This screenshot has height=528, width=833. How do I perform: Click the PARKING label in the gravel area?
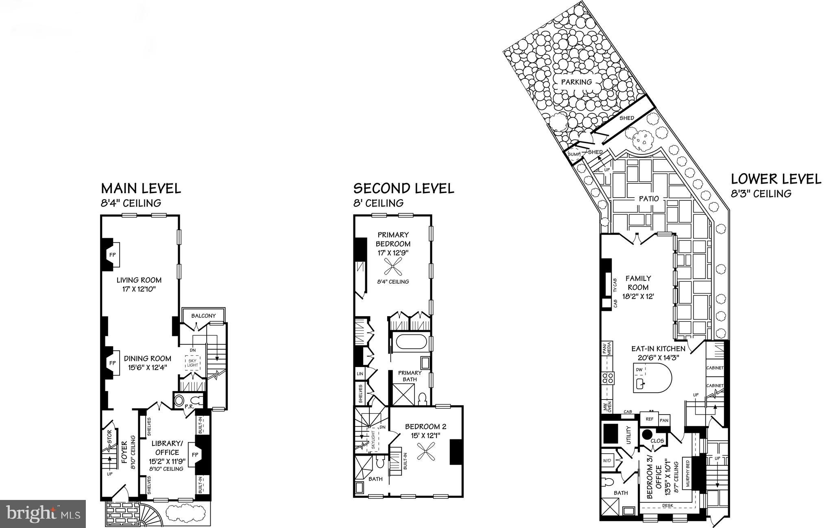(x=576, y=82)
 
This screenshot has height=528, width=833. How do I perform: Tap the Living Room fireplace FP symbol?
(x=113, y=255)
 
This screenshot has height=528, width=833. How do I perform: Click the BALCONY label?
(x=203, y=316)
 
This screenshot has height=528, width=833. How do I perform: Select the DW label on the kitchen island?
(x=639, y=369)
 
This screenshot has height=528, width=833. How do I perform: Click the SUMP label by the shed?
(x=573, y=154)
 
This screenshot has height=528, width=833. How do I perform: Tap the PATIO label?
(x=648, y=199)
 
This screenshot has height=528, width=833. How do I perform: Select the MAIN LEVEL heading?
(x=141, y=189)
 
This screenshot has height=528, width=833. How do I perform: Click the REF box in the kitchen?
(x=649, y=419)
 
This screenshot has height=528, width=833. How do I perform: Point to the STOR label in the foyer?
(x=109, y=435)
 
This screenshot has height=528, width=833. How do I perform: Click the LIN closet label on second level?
(x=360, y=374)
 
